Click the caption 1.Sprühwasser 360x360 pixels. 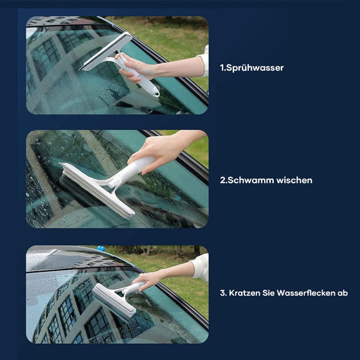tap(251, 67)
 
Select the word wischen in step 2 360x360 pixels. tap(294, 181)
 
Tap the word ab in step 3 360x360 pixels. tap(343, 293)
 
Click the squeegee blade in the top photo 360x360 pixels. tap(105, 51)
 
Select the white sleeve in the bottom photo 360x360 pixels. tap(201, 266)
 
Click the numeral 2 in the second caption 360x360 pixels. tap(222, 181)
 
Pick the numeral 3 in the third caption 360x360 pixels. tap(222, 293)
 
